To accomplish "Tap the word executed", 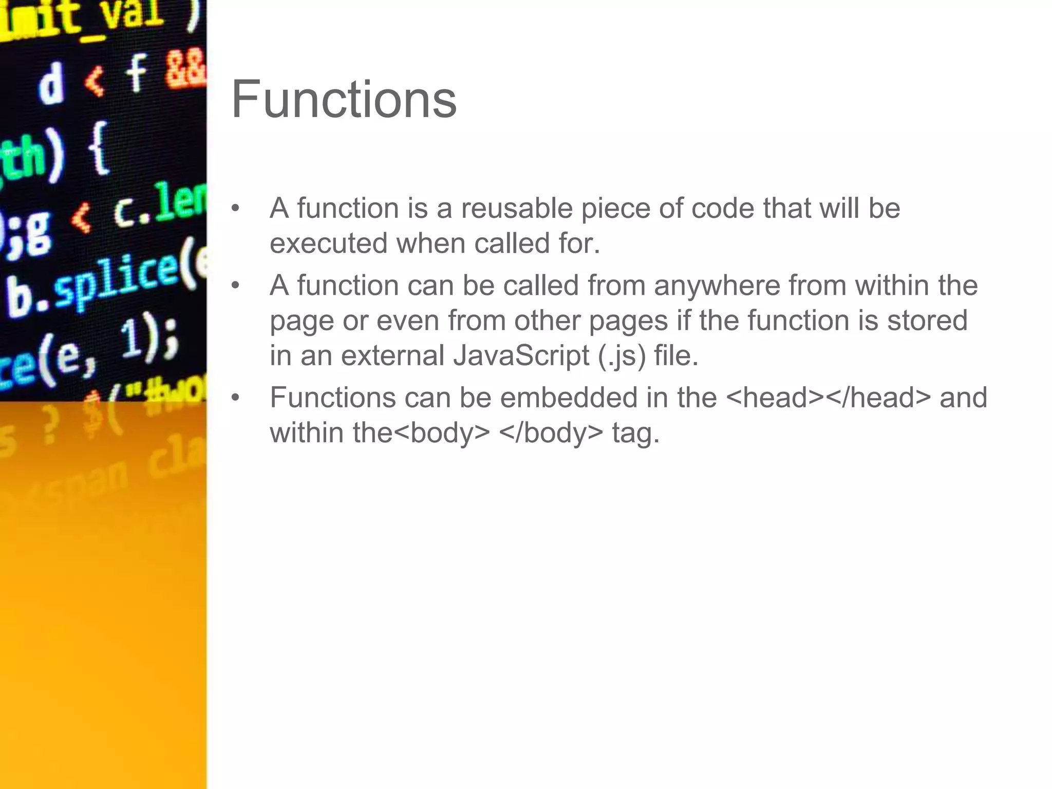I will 328,243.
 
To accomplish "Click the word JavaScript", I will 521,356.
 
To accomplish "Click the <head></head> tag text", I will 829,398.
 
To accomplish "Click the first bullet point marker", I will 235,209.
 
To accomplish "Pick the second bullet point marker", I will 235,286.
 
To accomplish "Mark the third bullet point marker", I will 235,398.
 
